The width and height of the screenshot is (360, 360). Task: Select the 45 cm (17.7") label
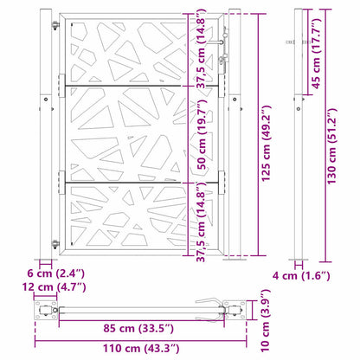point(316,53)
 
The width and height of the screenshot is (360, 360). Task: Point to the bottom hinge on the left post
point(57,245)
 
